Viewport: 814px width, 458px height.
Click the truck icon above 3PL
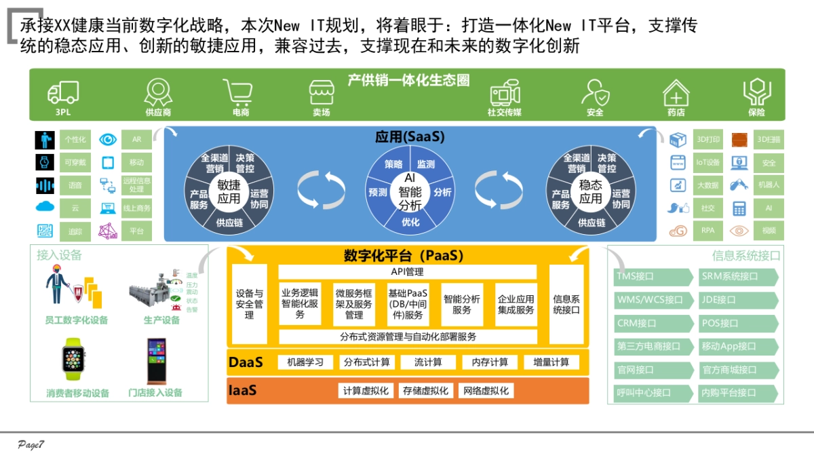tap(63, 92)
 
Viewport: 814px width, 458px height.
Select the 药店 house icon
tap(676, 93)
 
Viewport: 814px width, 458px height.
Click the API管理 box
tap(407, 272)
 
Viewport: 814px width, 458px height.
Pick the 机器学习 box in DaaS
tap(305, 362)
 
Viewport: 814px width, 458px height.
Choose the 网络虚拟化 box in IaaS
tap(486, 391)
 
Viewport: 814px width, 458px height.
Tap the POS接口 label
tap(739, 324)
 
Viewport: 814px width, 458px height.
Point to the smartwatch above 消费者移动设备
tap(74, 360)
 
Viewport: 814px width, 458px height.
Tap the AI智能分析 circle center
tap(410, 191)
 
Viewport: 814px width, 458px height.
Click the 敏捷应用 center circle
tap(229, 191)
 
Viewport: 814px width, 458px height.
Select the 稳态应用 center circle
tap(590, 191)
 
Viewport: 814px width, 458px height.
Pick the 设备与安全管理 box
tap(249, 304)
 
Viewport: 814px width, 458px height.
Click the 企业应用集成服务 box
tap(516, 304)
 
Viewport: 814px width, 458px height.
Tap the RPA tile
tap(708, 231)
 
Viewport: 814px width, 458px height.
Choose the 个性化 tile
tap(75, 140)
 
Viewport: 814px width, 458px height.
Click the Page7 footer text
tap(31, 444)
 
